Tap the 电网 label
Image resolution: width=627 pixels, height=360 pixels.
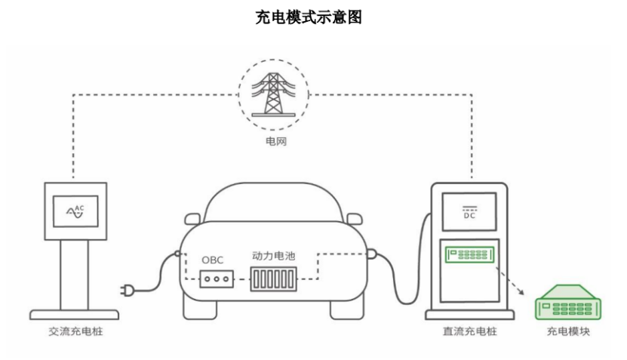click(273, 141)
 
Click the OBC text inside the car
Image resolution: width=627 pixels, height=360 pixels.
click(212, 260)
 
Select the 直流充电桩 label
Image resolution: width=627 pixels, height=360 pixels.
click(469, 331)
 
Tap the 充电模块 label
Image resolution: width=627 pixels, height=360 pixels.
click(567, 331)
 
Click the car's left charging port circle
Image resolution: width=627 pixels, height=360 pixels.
click(175, 254)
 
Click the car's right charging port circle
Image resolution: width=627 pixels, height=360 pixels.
click(371, 254)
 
